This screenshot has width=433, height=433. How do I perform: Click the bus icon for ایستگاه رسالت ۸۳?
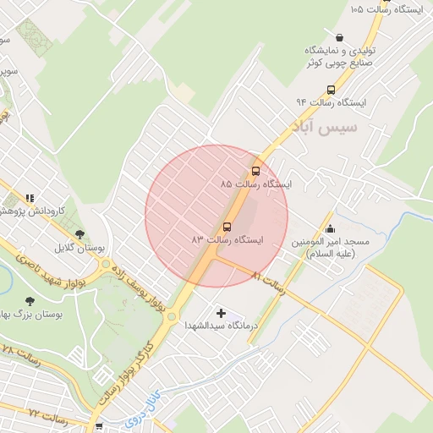point(227,227)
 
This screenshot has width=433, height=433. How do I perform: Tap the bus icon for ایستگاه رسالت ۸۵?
point(255,170)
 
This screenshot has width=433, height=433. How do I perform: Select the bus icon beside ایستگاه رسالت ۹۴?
point(330,88)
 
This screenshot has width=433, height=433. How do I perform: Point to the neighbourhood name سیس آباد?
point(324,128)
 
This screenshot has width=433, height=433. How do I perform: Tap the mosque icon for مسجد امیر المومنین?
point(330,227)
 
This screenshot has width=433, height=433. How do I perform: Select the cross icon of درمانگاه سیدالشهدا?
point(222,314)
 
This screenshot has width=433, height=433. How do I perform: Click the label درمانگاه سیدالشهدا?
point(222,328)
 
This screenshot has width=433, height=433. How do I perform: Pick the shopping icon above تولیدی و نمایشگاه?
point(339,37)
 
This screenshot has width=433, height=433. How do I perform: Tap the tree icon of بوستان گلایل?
point(79,234)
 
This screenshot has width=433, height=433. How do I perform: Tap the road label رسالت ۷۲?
point(47,413)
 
